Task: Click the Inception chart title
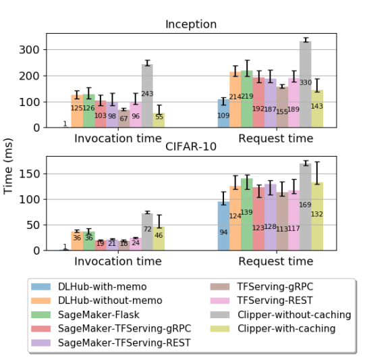191,24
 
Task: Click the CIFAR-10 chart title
191,147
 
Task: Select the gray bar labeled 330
306,84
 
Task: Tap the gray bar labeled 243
147,96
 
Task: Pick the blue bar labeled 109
224,113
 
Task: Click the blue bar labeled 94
224,226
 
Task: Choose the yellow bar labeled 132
317,216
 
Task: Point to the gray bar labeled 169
306,207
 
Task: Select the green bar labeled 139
247,214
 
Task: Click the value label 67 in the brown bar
123,119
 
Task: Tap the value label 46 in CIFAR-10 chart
159,235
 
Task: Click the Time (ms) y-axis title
8,166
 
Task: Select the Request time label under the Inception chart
276,138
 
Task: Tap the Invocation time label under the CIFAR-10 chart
118,261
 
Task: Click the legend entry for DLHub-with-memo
89,286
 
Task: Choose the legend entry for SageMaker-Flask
85,315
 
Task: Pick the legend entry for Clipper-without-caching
281,315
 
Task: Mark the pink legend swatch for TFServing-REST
220,301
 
